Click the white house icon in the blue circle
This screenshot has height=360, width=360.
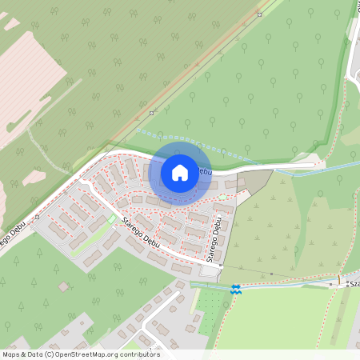tap(180, 172)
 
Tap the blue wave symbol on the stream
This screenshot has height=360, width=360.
tap(234, 290)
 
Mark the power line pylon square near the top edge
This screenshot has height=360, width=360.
tap(259, 14)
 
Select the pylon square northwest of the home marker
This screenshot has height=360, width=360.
tap(151, 113)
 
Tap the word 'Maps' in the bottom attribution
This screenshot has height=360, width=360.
tap(11, 354)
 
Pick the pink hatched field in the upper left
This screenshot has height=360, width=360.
tap(28, 80)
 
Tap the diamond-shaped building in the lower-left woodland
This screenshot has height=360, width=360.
tap(63, 286)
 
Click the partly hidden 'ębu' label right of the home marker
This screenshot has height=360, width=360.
tap(205, 171)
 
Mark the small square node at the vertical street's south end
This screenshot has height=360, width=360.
tap(221, 265)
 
